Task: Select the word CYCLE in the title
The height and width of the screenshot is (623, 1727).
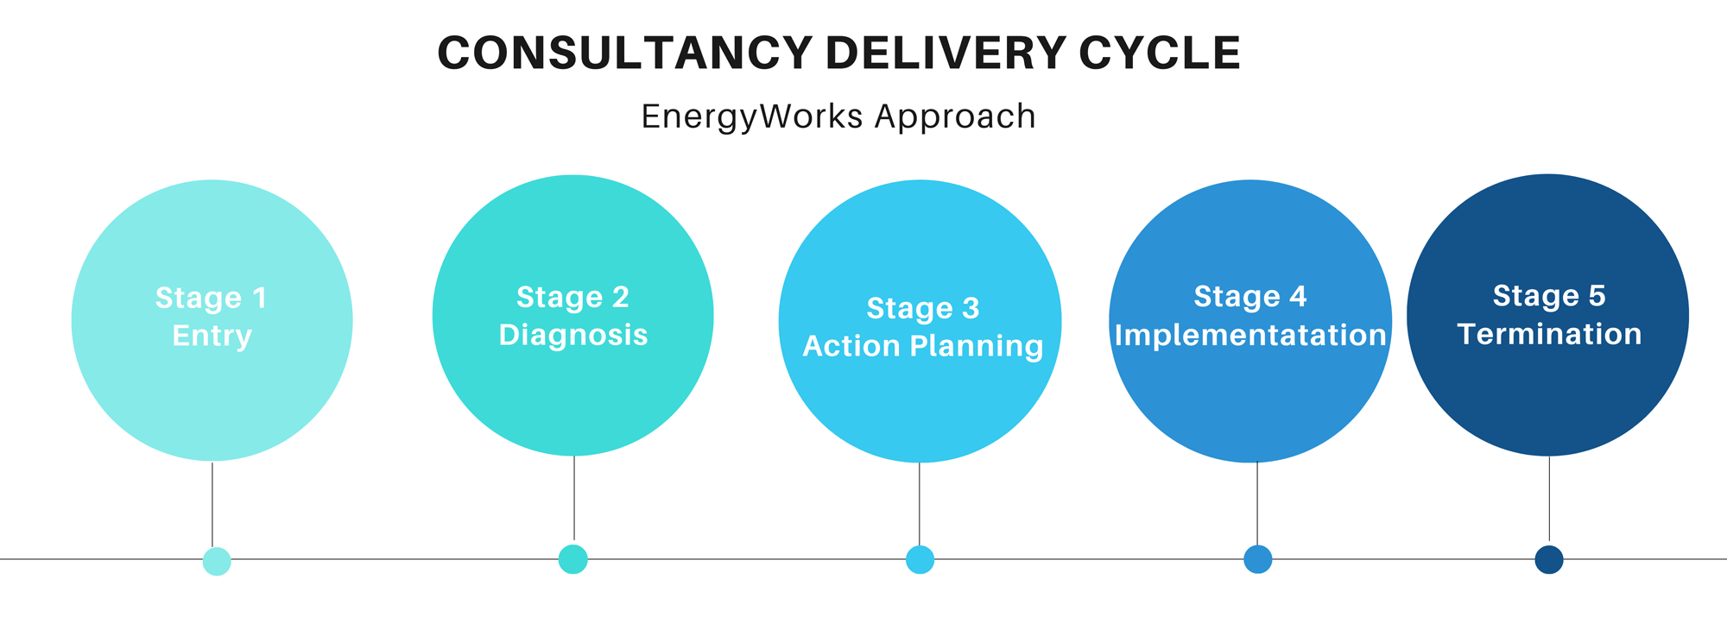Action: coord(1160,53)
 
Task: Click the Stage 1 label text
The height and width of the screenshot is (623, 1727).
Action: coord(212,298)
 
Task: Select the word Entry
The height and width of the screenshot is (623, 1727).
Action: coord(212,336)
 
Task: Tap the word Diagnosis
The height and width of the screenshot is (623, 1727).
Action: coord(573,335)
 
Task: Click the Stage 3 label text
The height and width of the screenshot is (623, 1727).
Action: coord(923,308)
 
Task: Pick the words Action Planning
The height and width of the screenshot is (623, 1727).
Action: coord(923,346)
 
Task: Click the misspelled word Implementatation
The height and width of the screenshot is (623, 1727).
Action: coord(1250,335)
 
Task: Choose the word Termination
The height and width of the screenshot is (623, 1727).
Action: coord(1549,334)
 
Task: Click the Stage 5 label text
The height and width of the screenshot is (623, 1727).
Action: coord(1549,296)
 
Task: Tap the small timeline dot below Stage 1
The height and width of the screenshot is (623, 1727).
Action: coord(217,561)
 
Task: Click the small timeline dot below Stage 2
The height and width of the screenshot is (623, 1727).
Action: coord(573,559)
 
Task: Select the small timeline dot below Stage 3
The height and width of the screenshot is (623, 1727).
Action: coord(920,560)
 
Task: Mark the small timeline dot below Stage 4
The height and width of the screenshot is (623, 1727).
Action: coord(1257,559)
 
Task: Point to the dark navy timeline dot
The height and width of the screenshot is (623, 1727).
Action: coord(1549,560)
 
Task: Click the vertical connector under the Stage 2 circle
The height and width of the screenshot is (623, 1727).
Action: coord(574,498)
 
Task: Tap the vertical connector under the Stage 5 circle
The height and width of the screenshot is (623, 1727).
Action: coord(1549,499)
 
